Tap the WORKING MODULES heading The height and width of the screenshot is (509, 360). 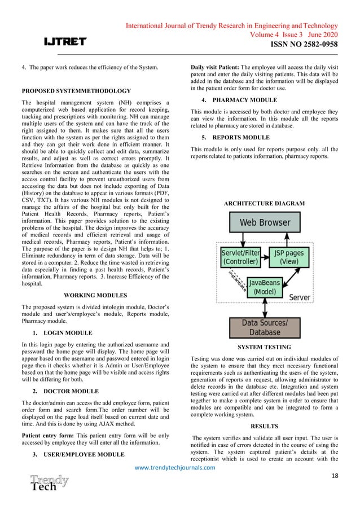(95, 295)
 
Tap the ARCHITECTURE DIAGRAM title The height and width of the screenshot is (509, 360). (264, 203)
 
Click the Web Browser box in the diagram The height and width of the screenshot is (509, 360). (265, 222)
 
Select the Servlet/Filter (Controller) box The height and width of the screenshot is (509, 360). (240, 258)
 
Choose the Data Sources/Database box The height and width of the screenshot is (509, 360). (264, 327)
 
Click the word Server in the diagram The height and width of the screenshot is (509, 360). (298, 297)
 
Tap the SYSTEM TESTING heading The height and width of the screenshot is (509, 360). (264, 347)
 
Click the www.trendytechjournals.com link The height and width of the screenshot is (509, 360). (179, 467)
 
